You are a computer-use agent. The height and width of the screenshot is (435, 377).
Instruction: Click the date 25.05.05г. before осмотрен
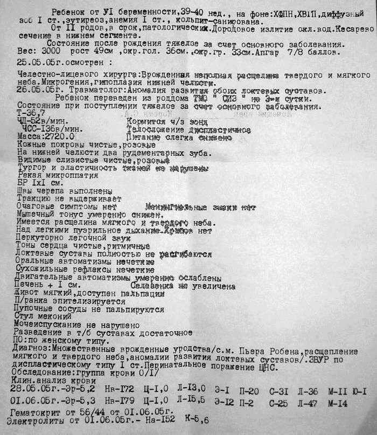click(x=26, y=62)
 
